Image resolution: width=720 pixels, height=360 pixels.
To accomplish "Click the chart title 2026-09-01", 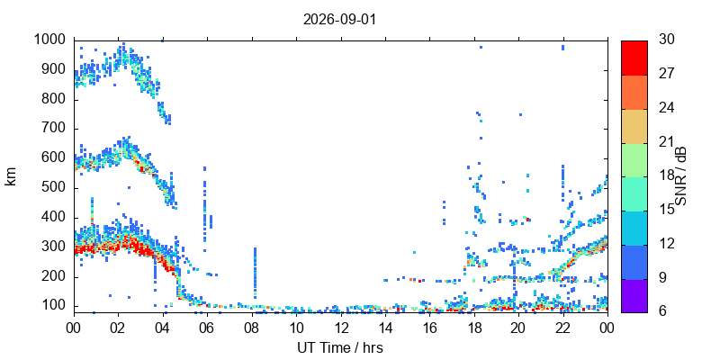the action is [x=339, y=20].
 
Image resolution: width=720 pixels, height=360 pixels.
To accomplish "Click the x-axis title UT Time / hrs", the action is [x=340, y=348].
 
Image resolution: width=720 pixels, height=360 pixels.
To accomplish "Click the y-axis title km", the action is [x=11, y=176].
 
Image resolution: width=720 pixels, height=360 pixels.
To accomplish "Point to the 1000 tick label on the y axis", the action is [x=52, y=40].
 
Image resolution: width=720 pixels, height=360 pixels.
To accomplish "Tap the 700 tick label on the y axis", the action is [x=57, y=130].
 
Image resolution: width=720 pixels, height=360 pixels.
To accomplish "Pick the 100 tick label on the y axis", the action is [x=57, y=306].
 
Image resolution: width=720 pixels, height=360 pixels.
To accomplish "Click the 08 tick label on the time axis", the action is [x=252, y=328].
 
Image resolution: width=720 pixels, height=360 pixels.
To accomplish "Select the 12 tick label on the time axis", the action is [x=341, y=328].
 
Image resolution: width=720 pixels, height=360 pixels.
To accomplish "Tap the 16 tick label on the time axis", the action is [x=430, y=328].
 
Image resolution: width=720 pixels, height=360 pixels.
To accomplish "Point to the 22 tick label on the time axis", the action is [x=563, y=328].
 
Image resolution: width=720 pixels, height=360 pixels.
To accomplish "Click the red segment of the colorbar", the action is [x=634, y=58].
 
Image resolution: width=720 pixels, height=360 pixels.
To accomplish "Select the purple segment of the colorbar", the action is [x=634, y=296].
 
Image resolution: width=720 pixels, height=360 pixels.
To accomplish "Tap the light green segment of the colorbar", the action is [x=634, y=160].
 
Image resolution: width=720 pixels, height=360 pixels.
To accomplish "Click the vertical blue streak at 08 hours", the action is [x=255, y=273].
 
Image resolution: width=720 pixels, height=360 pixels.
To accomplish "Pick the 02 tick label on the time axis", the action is [x=119, y=328].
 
